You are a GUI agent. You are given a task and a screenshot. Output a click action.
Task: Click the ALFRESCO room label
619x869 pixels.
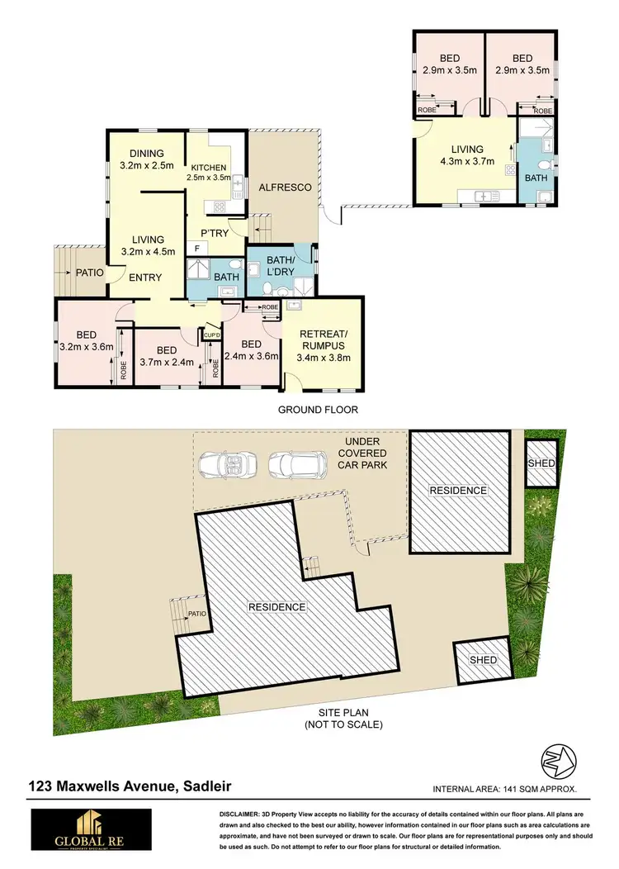pyautogui.click(x=286, y=188)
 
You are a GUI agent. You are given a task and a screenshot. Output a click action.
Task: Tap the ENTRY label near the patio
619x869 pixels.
pyautogui.click(x=145, y=278)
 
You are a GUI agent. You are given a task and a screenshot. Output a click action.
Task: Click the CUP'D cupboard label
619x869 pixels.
pyautogui.click(x=211, y=335)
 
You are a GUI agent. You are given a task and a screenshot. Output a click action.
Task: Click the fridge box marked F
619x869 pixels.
pyautogui.click(x=196, y=248)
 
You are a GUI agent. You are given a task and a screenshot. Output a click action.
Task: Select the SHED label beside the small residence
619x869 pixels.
pyautogui.click(x=541, y=463)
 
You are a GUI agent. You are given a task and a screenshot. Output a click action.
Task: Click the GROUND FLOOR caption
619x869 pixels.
pyautogui.click(x=318, y=410)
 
